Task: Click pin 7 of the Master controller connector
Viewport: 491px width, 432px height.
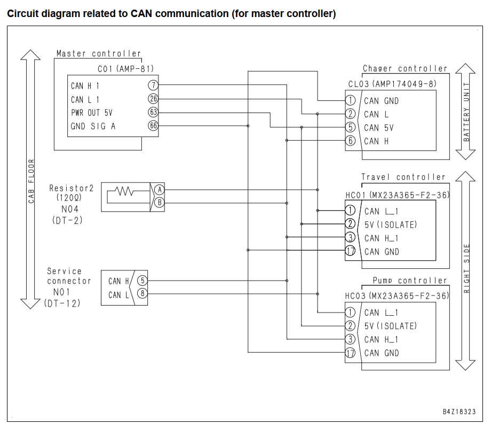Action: point(153,85)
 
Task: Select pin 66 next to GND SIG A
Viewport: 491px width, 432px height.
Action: point(153,126)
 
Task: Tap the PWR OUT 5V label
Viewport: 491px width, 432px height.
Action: point(91,113)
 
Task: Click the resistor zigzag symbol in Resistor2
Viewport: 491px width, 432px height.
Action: point(124,191)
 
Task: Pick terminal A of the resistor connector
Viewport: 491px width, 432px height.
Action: point(160,189)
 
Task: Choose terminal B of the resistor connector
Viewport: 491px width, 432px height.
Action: point(160,203)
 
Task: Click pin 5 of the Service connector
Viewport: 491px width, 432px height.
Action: point(142,281)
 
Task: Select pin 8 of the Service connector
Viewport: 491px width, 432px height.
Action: point(142,294)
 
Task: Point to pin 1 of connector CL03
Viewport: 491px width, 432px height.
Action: point(351,100)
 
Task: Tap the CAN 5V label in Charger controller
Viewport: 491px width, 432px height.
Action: point(378,127)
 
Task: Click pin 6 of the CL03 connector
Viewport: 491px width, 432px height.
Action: point(351,141)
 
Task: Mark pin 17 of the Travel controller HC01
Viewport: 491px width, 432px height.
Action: point(350,251)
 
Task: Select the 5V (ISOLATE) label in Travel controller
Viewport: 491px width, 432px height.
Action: point(391,225)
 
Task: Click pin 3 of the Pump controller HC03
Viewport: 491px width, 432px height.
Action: point(350,339)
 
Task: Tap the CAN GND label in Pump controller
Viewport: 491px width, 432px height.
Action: point(382,353)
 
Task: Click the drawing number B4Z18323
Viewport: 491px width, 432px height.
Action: point(459,412)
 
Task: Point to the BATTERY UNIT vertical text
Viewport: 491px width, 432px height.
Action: point(466,111)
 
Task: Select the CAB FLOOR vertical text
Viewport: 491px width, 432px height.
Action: point(31,181)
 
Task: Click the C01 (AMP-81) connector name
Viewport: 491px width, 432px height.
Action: point(125,69)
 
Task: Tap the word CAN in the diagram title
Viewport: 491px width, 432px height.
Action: point(142,14)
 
